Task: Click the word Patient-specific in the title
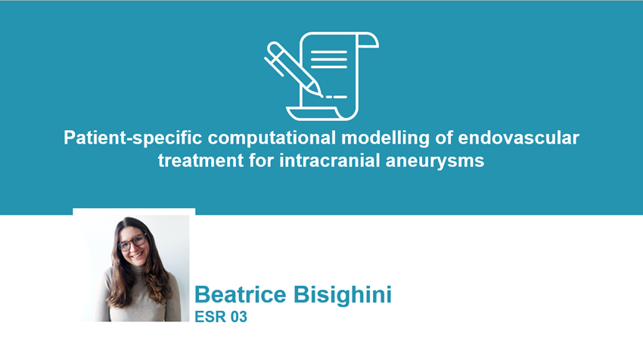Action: point(133,138)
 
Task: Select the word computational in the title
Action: point(272,138)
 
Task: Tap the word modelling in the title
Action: point(385,138)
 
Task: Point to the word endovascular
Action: point(518,138)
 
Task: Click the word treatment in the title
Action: point(201,160)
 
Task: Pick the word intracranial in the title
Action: point(330,160)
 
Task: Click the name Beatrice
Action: point(241,294)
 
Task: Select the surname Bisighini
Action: point(343,295)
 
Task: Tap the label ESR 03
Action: point(221,317)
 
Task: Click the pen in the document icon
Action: point(293,69)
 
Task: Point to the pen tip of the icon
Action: point(320,95)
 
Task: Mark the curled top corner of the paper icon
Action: point(368,40)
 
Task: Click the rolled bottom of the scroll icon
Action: point(314,113)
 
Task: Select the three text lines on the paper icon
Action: point(329,60)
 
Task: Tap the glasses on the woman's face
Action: point(132,242)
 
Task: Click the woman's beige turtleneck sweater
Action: point(141,297)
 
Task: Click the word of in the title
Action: point(444,138)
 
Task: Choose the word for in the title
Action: point(262,160)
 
